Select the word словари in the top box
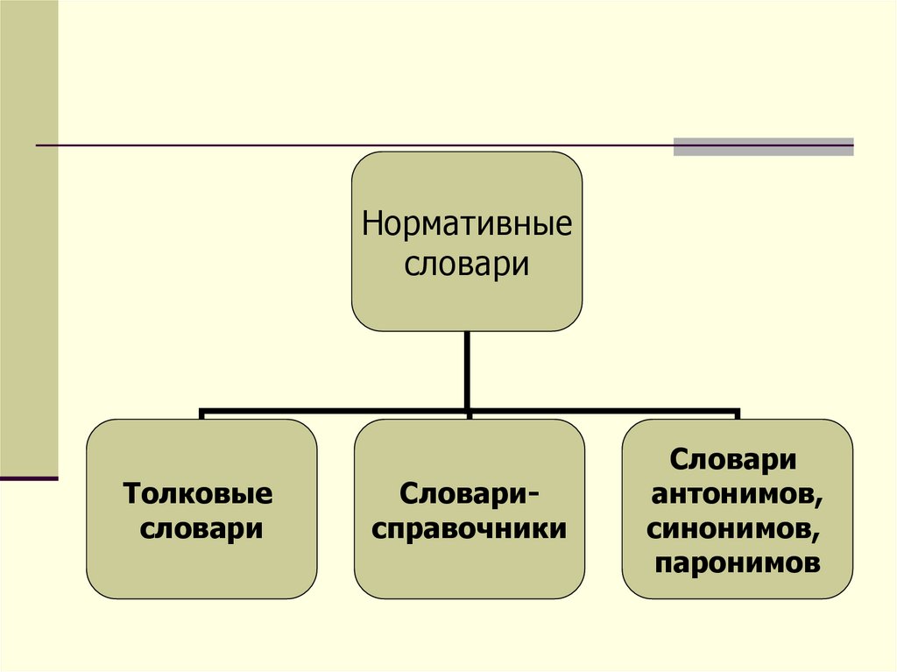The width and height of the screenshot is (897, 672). point(467,263)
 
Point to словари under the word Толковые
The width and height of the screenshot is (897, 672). point(201,529)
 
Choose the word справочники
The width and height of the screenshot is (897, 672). point(469,529)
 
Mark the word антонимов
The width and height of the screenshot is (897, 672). point(734,494)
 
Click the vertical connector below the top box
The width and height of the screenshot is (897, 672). point(467,368)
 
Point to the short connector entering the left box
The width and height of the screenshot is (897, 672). point(201,414)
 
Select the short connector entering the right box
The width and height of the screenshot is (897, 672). point(737,414)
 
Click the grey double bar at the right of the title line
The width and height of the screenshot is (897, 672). point(763,146)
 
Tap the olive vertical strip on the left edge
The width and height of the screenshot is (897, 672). point(29,237)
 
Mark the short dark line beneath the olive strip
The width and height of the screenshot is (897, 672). point(29,478)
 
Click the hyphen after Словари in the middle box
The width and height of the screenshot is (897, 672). point(533,496)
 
